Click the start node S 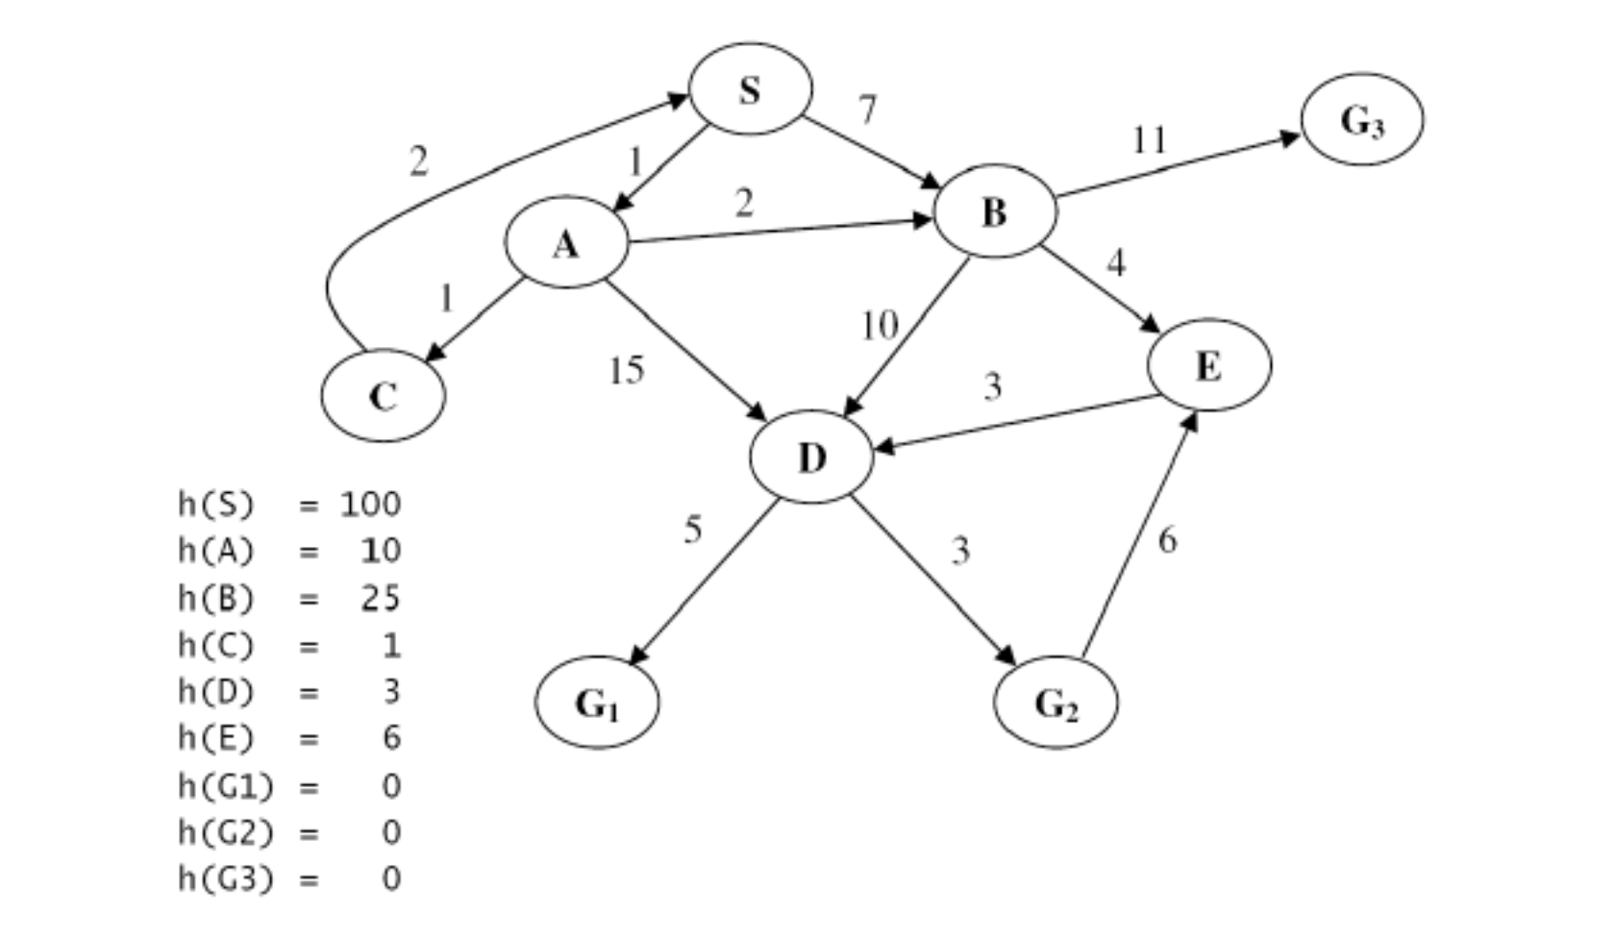click(x=750, y=89)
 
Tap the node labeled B click(x=995, y=211)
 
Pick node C click(x=383, y=395)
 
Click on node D click(x=811, y=457)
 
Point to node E click(x=1208, y=365)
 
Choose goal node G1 click(x=597, y=703)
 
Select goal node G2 click(x=1056, y=703)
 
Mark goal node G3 click(x=1362, y=119)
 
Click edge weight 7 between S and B click(x=867, y=110)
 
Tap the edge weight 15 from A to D click(x=627, y=369)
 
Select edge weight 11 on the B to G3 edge click(x=1149, y=140)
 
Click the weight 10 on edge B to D click(x=879, y=326)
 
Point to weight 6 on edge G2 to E click(x=1167, y=540)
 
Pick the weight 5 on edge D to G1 click(x=693, y=530)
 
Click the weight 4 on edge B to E click(x=1115, y=262)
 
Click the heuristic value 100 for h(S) click(x=370, y=504)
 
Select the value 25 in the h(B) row click(x=380, y=598)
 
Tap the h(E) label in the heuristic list click(x=216, y=738)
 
